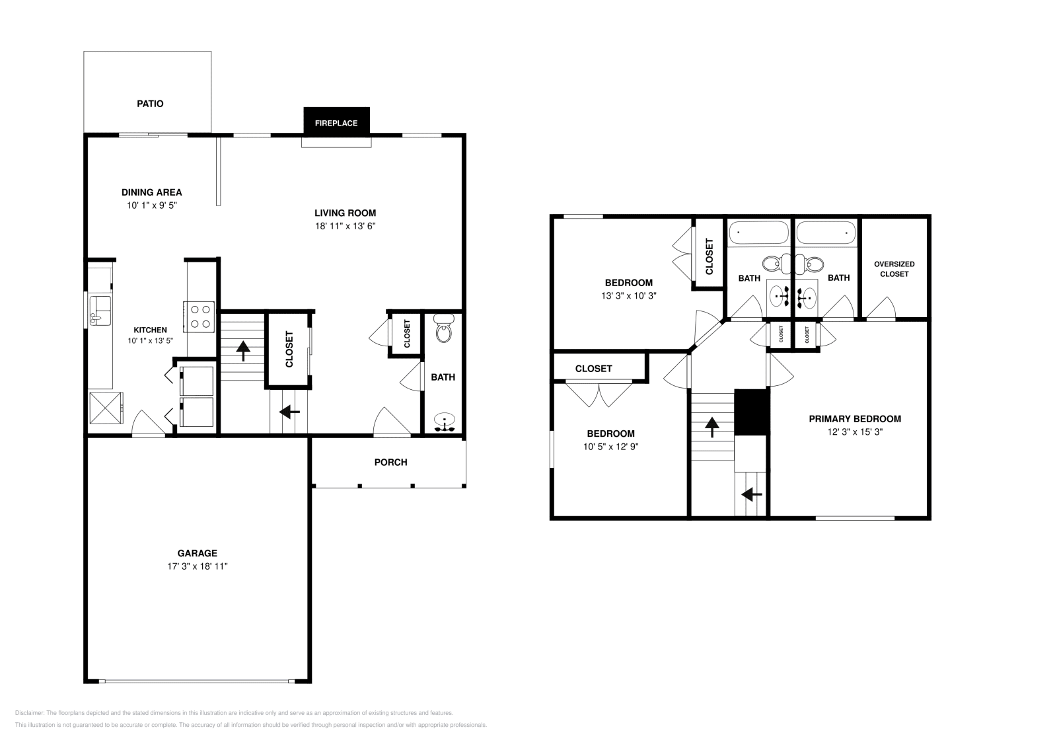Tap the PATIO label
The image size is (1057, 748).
click(150, 104)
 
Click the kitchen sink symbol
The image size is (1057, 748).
click(100, 310)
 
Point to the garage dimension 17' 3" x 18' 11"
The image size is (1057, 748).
click(197, 566)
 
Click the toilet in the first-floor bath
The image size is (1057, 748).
click(443, 328)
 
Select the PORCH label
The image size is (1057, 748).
click(390, 462)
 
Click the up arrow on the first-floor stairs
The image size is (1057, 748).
click(243, 350)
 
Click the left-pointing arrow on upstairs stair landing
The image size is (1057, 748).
click(751, 494)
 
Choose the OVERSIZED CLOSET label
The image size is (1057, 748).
click(894, 269)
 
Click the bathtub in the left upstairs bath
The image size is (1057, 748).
click(758, 233)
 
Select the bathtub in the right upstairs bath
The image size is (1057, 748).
click(825, 233)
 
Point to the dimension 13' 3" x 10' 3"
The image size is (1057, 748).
click(628, 296)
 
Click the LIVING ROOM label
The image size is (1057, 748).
click(345, 213)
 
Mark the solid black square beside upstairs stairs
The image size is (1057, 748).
click(750, 412)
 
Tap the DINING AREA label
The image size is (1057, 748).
click(151, 192)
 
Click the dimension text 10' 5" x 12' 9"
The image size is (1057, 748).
click(610, 447)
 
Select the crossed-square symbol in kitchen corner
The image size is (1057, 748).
click(106, 406)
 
